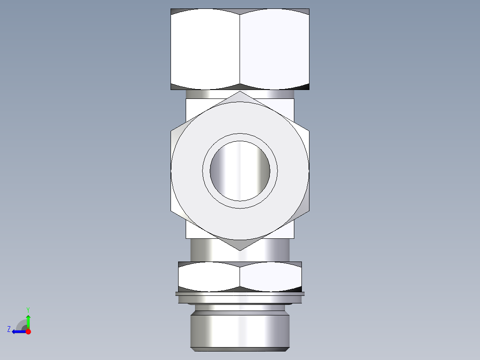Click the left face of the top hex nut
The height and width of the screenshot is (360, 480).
pyautogui.click(x=205, y=49)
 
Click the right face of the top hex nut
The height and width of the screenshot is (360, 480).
pyautogui.click(x=274, y=49)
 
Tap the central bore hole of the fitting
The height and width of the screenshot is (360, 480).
pyautogui.click(x=240, y=171)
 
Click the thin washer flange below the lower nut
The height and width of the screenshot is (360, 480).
pyautogui.click(x=240, y=294)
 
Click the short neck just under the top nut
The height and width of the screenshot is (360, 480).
pyautogui.click(x=240, y=94)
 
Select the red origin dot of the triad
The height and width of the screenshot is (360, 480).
pyautogui.click(x=28, y=331)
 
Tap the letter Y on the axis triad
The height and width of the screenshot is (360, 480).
pyautogui.click(x=28, y=309)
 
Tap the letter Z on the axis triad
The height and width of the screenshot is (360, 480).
pyautogui.click(x=9, y=329)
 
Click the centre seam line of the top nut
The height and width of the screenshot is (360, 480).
pyautogui.click(x=240, y=49)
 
